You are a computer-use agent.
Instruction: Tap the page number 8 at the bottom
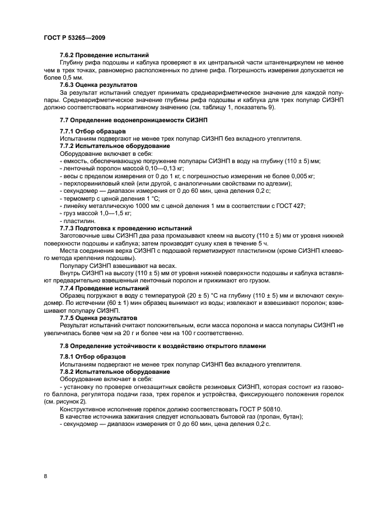45,476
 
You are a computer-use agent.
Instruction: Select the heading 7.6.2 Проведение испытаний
104,55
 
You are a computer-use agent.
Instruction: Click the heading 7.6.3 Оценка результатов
99,85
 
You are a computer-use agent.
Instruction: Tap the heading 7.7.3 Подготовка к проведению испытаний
126,228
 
